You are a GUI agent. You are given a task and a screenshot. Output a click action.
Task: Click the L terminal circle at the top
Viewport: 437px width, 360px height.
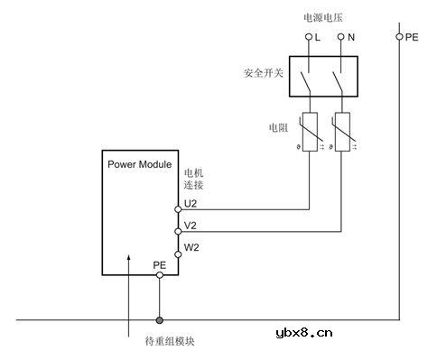[308, 37]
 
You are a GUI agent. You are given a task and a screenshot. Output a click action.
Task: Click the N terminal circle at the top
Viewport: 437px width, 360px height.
[340, 37]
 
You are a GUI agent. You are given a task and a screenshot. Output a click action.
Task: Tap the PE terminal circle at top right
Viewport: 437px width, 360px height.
[399, 37]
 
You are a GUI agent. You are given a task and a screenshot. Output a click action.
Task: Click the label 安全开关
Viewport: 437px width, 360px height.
[263, 70]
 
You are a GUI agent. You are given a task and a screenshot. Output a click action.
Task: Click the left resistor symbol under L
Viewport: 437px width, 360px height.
[309, 134]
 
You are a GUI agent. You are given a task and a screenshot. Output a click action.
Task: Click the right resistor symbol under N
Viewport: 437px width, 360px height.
[341, 134]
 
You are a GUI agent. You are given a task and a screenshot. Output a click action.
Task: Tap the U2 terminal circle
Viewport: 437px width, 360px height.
[179, 209]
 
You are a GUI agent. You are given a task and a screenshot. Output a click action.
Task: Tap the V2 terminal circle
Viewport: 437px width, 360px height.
[179, 231]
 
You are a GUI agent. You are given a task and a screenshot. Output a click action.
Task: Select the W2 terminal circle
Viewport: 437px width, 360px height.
[179, 254]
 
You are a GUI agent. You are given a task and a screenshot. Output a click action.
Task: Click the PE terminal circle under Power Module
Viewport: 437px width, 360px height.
[160, 275]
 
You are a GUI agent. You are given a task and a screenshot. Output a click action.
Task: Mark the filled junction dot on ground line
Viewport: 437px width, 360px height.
[160, 319]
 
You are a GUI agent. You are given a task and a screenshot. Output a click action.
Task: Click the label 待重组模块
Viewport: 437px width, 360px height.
[169, 341]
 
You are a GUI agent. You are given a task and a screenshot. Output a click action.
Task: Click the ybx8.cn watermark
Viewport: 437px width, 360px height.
[302, 332]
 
